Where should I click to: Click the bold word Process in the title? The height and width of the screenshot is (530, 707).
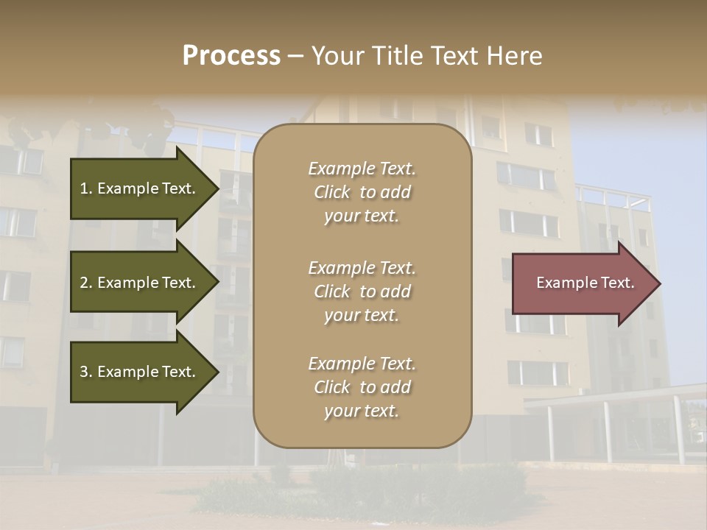(231, 56)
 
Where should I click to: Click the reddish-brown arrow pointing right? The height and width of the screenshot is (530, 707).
(582, 283)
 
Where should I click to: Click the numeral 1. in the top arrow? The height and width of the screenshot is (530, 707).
(86, 188)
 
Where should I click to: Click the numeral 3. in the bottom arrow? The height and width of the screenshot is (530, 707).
(86, 372)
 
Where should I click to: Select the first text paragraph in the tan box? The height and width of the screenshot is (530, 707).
(362, 192)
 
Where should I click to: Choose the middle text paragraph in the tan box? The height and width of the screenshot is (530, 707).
(362, 291)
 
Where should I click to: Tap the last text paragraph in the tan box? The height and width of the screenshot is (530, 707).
(362, 387)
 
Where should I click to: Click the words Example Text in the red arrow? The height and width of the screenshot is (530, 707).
(585, 283)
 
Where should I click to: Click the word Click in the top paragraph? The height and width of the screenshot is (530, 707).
(332, 192)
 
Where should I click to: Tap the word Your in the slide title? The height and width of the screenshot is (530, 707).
(338, 56)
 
